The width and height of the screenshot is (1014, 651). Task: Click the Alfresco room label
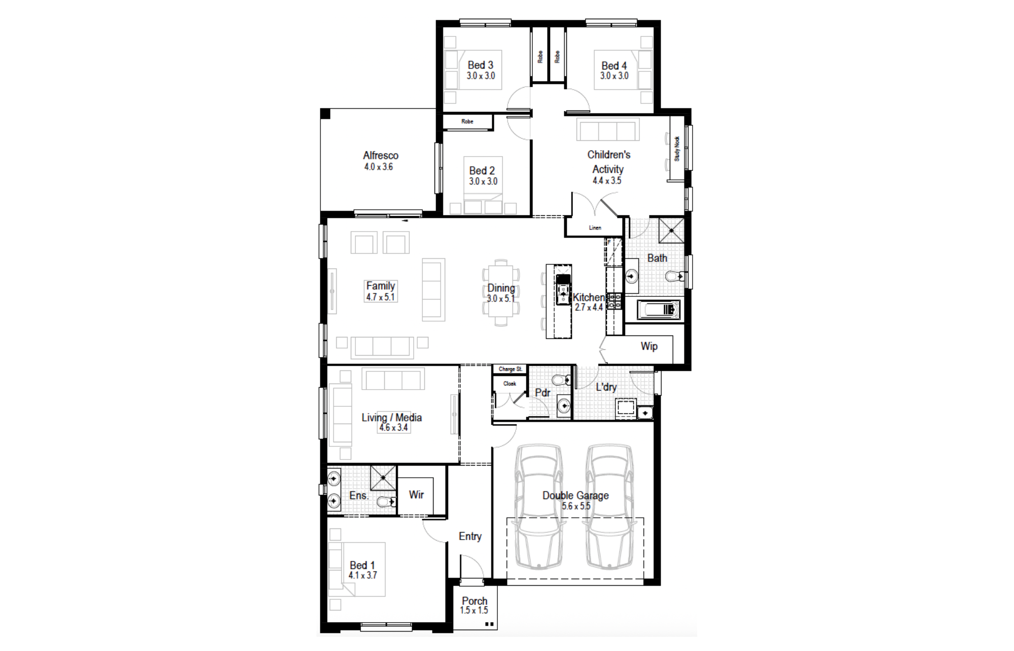tap(381, 156)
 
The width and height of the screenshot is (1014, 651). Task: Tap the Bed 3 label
tap(480, 65)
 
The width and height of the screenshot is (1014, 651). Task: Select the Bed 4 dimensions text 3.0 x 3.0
tap(614, 76)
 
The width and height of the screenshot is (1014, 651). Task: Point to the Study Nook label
tap(677, 148)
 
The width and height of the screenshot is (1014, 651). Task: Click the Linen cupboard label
tap(595, 228)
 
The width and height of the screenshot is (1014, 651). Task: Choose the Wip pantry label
tap(649, 346)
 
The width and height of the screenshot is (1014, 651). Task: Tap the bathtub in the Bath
tap(658, 309)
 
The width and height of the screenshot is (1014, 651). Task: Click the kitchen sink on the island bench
tap(563, 290)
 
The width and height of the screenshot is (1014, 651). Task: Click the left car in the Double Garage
tap(539, 507)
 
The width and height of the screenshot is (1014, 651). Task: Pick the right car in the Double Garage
tap(609, 507)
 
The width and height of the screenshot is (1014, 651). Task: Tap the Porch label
tap(475, 601)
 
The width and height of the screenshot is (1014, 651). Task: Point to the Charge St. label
tap(510, 369)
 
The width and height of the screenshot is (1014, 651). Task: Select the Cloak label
tap(510, 384)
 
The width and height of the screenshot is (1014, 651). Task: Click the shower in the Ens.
tap(383, 478)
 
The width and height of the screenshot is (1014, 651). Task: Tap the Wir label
tap(416, 495)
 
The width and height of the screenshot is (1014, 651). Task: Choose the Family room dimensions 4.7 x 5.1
tap(380, 297)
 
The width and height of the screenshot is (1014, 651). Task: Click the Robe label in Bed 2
tap(467, 122)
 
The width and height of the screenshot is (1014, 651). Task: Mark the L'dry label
tap(606, 387)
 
